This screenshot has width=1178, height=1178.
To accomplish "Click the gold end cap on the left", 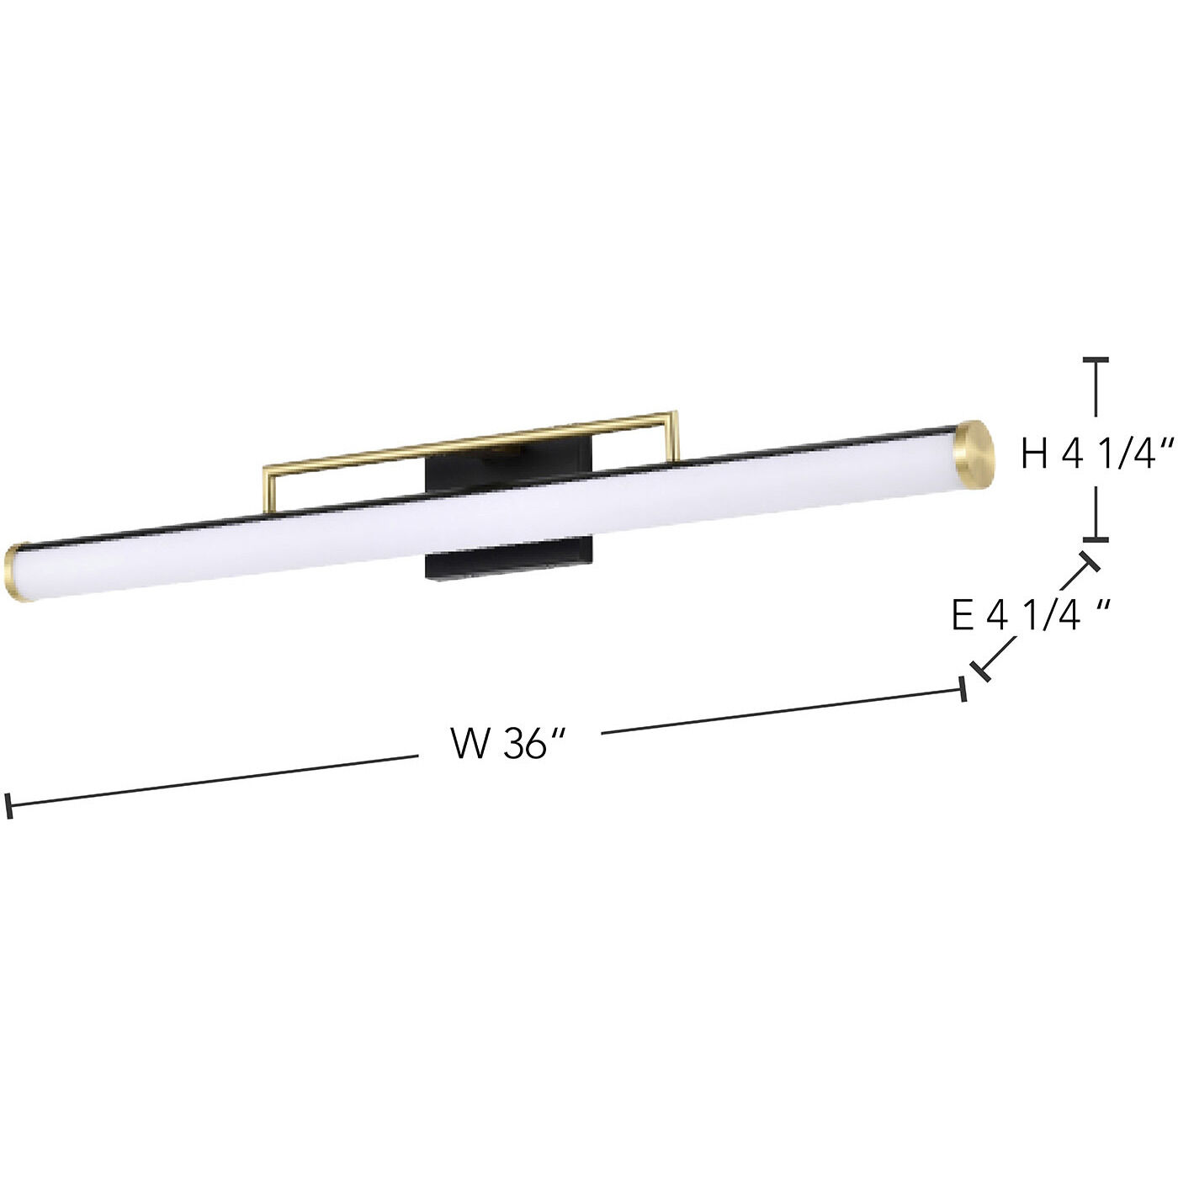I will click(17, 574).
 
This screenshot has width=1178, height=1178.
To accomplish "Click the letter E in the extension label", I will click(963, 615).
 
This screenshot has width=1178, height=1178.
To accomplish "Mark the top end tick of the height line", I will click(1095, 359).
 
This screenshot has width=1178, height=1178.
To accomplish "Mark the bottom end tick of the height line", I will click(1095, 539).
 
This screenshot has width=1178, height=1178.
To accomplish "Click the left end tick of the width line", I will click(8, 805).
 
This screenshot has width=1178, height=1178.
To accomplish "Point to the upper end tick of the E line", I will click(1090, 562).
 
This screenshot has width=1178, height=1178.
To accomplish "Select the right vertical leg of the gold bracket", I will click(674, 436).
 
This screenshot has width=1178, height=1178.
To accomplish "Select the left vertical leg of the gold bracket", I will click(269, 487).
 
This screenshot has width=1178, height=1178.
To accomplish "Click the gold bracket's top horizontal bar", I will click(471, 439).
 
